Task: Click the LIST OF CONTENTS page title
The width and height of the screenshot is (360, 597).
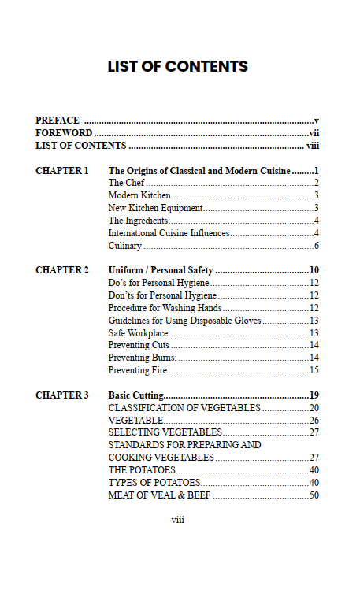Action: pos(178,67)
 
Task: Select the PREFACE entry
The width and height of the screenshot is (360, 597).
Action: pos(58,121)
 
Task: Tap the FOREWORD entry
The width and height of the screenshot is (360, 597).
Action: pos(64,133)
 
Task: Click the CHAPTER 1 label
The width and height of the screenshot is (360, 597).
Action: pos(62,170)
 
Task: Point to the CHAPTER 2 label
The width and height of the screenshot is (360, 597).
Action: pos(62,270)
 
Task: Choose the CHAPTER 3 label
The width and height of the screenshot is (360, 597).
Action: pos(62,395)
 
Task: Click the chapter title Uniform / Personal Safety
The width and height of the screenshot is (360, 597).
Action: pos(161,270)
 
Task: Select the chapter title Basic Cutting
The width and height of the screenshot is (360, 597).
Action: pos(135,395)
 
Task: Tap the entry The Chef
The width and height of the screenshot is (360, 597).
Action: pos(126,183)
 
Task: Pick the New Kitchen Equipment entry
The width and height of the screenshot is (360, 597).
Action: pos(155,208)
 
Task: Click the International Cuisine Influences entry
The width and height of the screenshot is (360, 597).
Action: pos(169,233)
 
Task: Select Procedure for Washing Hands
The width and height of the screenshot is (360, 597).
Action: pos(165,308)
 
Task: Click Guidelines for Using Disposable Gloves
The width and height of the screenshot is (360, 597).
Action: pos(184,321)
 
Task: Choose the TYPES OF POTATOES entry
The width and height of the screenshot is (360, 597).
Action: pos(154,482)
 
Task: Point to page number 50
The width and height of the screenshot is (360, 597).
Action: pos(314,495)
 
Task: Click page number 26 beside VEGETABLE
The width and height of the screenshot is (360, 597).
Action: pos(314,421)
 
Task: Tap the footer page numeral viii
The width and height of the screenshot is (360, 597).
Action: pos(178,519)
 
